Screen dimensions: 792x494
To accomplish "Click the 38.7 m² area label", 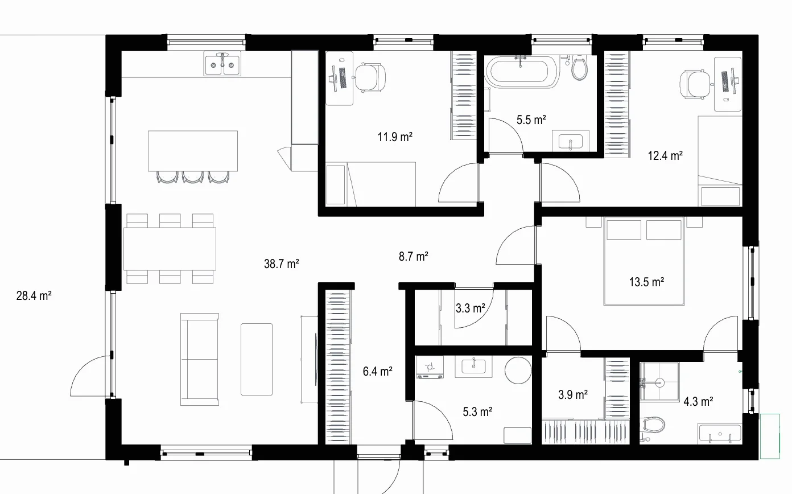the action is [x=282, y=264].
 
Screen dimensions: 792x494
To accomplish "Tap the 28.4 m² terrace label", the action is [x=34, y=295].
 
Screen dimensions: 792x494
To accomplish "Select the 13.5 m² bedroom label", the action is [x=646, y=282].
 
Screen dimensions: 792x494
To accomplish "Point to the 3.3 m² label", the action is [x=470, y=308].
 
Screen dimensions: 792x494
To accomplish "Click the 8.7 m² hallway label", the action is [x=413, y=256].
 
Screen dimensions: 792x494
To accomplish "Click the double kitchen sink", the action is [x=222, y=64].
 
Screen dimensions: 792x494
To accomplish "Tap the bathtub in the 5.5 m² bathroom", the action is [x=521, y=72].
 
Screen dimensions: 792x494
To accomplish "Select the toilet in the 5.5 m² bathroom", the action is [x=579, y=68].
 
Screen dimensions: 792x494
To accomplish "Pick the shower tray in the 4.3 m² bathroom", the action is [x=659, y=382].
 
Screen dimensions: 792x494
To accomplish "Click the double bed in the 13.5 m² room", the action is [x=644, y=261].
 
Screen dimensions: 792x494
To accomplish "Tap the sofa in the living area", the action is [x=199, y=359].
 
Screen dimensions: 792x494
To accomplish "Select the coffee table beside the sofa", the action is [x=257, y=359].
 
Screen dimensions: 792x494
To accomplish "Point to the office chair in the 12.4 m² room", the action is [x=695, y=84].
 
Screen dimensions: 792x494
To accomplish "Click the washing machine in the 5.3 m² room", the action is [x=430, y=368].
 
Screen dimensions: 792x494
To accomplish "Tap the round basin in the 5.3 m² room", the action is [x=518, y=370].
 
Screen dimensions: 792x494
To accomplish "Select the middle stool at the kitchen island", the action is [x=193, y=177].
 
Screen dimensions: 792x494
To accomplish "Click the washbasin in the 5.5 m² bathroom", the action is [x=570, y=141].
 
